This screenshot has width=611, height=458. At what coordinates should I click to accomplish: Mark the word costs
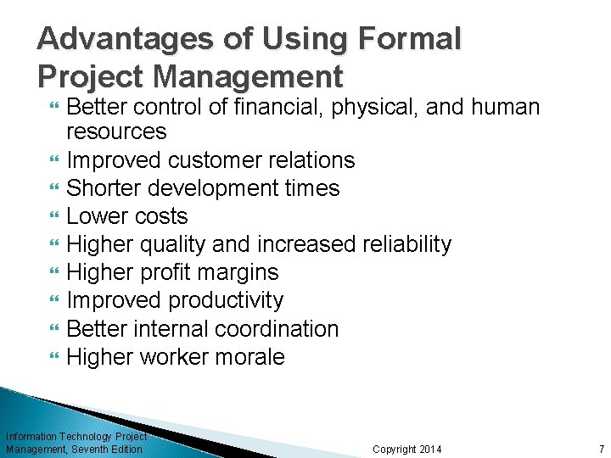tap(160, 216)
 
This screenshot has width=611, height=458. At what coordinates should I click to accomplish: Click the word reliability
tap(406, 244)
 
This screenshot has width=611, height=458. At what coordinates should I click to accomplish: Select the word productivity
tap(226, 300)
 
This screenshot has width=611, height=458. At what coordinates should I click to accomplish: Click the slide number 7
tap(601, 449)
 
